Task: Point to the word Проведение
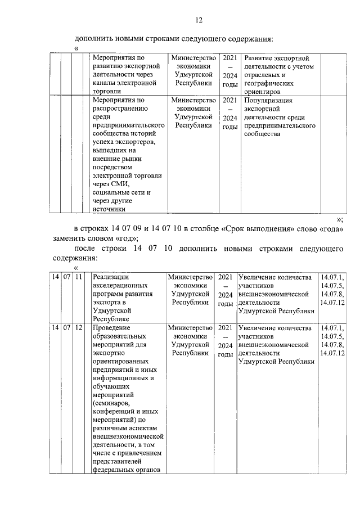click(112, 327)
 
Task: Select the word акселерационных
click(120, 285)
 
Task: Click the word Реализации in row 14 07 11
click(111, 277)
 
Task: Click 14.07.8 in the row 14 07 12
click(332, 344)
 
